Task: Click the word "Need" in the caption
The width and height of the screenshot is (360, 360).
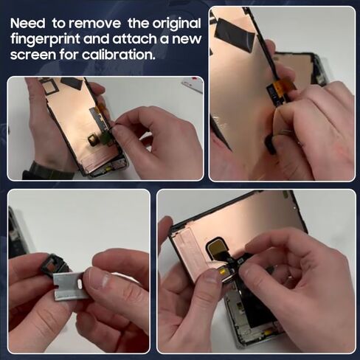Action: pyautogui.click(x=28, y=24)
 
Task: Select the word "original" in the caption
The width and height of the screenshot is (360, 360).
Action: pyautogui.click(x=176, y=24)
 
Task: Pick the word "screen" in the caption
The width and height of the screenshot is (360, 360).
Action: pyautogui.click(x=33, y=55)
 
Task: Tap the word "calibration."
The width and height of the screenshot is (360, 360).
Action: pyautogui.click(x=119, y=55)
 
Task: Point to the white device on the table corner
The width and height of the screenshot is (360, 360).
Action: pyautogui.click(x=193, y=84)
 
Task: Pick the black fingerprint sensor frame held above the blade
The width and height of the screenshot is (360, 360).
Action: pyautogui.click(x=54, y=263)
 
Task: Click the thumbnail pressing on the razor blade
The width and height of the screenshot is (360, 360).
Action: pyautogui.click(x=97, y=280)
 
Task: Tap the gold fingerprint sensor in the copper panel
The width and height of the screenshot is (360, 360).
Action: pyautogui.click(x=218, y=246)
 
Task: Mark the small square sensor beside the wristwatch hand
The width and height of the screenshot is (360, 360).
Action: pyautogui.click(x=93, y=139)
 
